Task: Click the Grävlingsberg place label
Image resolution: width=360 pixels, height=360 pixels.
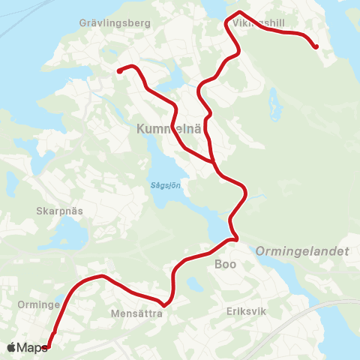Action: click(115, 23)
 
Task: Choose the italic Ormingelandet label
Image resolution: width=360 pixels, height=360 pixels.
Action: click(303, 253)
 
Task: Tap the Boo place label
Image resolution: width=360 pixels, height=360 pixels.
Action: click(225, 264)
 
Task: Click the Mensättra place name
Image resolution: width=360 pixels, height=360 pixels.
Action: click(136, 313)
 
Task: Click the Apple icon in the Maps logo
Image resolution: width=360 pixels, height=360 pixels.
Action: click(12, 346)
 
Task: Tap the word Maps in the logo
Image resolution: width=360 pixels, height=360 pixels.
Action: click(32, 346)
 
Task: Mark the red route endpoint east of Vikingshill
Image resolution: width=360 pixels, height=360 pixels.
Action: click(316, 46)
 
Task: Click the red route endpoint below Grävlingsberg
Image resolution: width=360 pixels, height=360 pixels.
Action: click(119, 71)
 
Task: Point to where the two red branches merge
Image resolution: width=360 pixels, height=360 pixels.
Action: click(215, 161)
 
